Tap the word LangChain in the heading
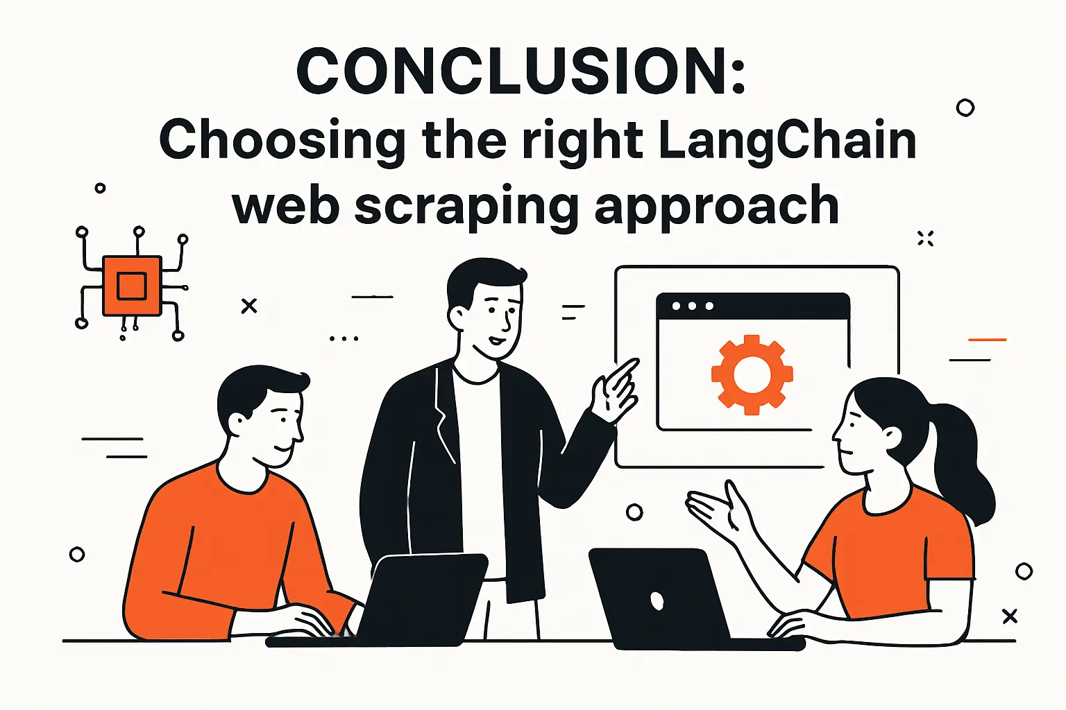pos(787,141)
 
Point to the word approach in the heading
pos(717,206)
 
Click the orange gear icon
pos(752,374)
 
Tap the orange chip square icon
pos(131,286)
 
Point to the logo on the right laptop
pos(657,600)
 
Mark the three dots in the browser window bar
pos(692,306)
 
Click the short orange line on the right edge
pos(987,340)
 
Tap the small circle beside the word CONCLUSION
pos(965,107)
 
